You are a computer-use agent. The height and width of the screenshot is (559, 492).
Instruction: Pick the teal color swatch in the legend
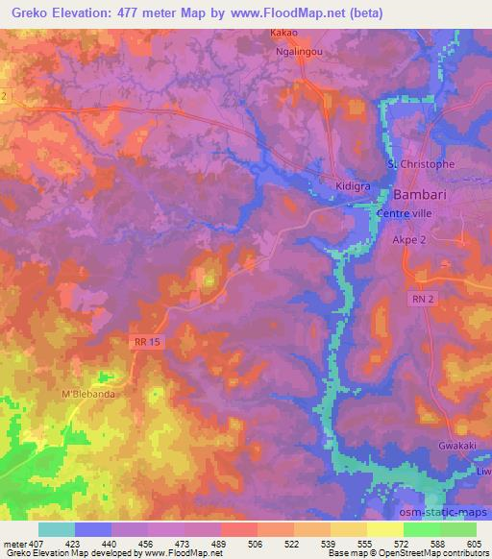pos(57,529)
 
